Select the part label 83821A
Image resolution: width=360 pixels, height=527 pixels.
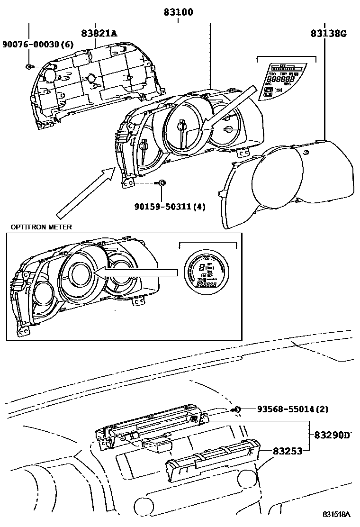point(99,33)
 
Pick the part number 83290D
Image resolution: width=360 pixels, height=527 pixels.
point(334,435)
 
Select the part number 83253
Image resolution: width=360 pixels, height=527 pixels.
point(287,452)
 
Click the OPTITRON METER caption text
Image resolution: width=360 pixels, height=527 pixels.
point(41,227)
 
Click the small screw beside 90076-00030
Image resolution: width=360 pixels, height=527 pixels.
point(29,66)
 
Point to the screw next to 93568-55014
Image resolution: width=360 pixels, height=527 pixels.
point(238,409)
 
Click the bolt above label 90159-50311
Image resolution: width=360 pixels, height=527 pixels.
point(162,183)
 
